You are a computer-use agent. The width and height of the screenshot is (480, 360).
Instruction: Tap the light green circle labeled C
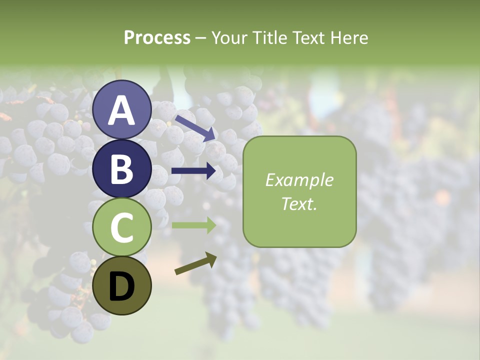coord(121,227)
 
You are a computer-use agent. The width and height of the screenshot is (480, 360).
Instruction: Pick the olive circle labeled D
coord(121,286)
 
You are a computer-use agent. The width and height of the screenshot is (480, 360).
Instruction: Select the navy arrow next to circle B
coord(194,171)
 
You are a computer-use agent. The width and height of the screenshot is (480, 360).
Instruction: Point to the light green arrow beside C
coord(194,225)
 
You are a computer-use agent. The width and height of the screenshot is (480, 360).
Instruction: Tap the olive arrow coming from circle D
coord(195,264)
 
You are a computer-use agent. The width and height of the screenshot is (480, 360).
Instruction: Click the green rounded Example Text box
coord(299,191)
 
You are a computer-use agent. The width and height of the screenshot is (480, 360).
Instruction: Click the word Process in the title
coord(157,38)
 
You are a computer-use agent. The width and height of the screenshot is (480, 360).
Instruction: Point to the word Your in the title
coord(229,38)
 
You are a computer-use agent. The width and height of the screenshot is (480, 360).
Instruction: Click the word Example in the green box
coord(299,180)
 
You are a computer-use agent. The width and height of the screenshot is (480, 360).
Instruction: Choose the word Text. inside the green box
coord(299,203)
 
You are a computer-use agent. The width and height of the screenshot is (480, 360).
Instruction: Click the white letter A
coord(121,110)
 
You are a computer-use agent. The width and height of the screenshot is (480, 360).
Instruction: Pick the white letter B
coord(121,169)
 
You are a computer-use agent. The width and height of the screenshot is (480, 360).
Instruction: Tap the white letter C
coord(121,227)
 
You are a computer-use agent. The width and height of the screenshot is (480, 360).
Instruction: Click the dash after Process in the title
coord(201,38)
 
